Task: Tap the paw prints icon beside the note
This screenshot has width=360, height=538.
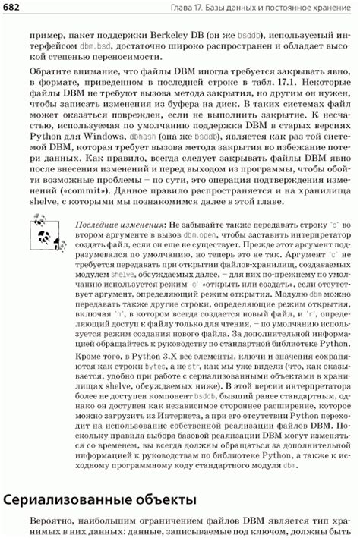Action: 43,231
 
